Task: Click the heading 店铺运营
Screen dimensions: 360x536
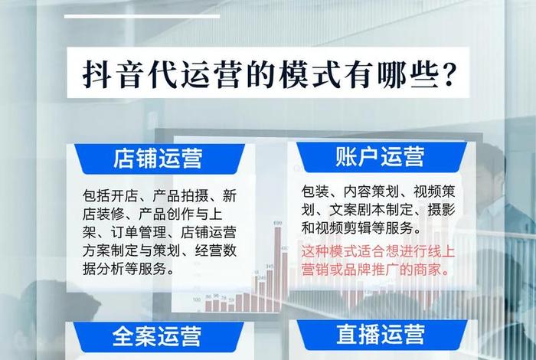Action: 157,159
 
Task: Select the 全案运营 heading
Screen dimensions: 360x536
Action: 157,335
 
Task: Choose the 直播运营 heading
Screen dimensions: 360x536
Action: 380,334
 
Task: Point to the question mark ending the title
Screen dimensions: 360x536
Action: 451,74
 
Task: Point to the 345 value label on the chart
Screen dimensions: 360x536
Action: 270,266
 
